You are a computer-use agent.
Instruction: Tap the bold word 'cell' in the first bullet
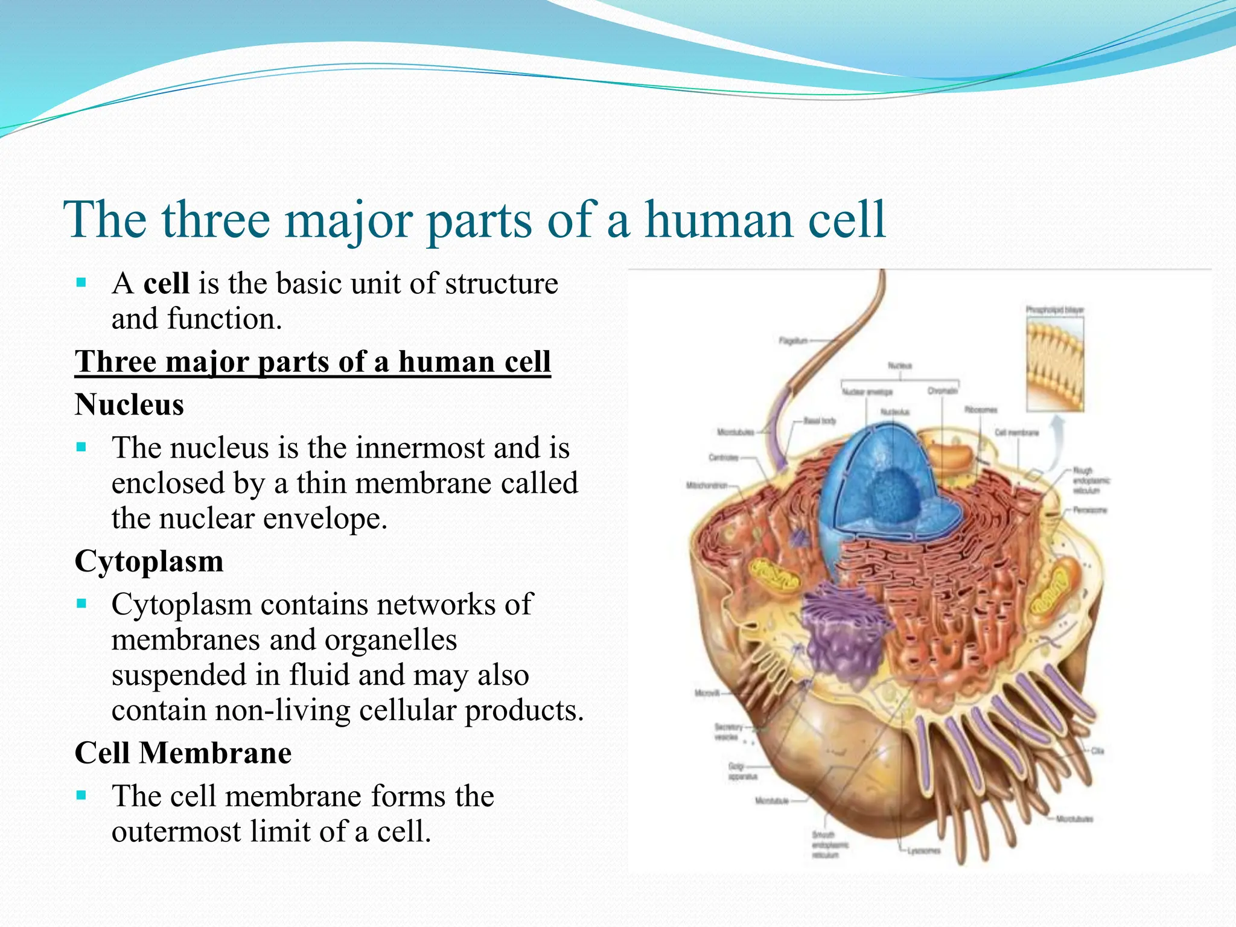coord(166,283)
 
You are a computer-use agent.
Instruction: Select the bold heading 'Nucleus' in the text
coord(129,404)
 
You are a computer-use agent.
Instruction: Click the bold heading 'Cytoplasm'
coord(149,561)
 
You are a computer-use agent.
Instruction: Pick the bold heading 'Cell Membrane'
coord(183,753)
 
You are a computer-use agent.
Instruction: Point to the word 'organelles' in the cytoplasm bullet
coord(390,640)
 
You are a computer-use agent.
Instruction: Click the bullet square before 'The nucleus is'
coord(82,448)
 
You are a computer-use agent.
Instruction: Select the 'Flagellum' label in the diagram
coord(792,341)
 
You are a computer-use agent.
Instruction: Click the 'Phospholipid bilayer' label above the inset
coord(1054,310)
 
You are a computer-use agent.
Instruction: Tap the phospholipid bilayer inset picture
coord(1055,365)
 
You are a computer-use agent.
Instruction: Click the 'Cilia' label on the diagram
coord(1097,751)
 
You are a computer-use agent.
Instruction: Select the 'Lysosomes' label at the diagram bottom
coord(923,851)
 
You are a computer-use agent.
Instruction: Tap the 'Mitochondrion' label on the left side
coord(706,485)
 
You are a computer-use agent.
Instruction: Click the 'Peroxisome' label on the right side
coord(1089,510)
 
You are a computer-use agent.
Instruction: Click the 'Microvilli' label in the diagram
coord(707,693)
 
